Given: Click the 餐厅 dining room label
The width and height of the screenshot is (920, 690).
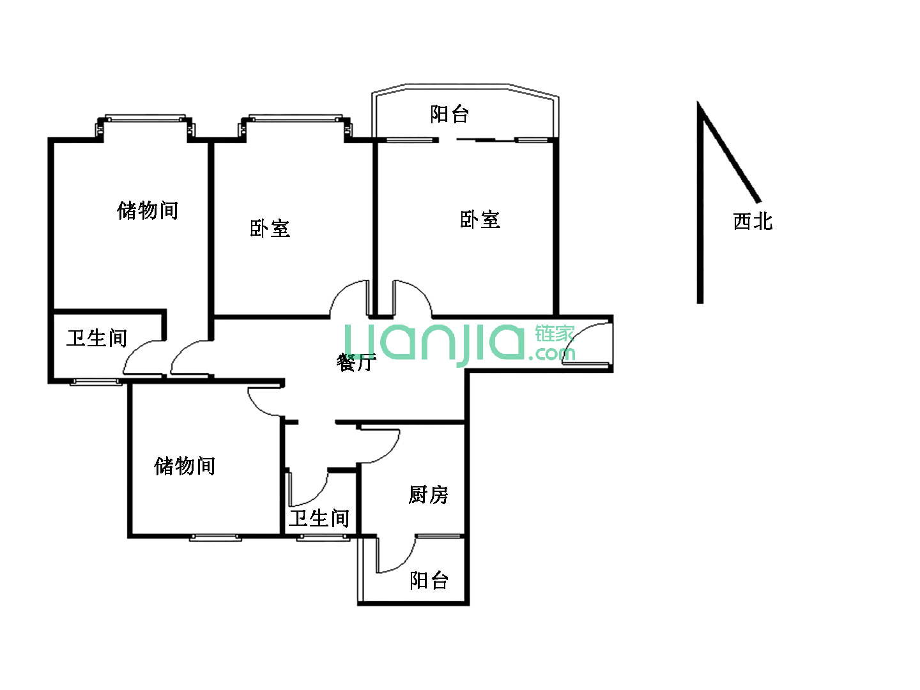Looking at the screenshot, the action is [x=356, y=362].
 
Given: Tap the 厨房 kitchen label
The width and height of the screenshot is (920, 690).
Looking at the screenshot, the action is [x=428, y=494].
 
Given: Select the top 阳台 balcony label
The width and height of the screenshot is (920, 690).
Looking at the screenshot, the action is [x=449, y=114].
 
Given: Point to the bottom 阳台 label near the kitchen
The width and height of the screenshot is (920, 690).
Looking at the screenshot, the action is [x=429, y=580].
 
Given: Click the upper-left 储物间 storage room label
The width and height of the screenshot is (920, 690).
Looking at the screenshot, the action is [x=148, y=210].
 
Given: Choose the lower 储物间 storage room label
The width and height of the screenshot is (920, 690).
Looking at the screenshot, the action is [x=185, y=466].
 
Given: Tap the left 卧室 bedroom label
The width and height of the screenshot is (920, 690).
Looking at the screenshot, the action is [x=270, y=228].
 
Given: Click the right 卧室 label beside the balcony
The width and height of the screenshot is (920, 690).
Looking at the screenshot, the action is [x=480, y=220].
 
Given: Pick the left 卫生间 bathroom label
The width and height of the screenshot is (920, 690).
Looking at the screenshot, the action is [x=97, y=338].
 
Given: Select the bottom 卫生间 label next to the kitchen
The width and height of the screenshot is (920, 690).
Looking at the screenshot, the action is [x=319, y=518].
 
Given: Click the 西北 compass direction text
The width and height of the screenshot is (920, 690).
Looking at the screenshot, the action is [x=753, y=221].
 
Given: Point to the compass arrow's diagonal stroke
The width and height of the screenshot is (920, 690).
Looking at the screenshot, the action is [x=730, y=153].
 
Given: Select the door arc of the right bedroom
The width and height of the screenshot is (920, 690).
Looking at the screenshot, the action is [x=413, y=298].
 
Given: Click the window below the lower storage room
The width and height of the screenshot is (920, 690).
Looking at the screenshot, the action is [x=215, y=537].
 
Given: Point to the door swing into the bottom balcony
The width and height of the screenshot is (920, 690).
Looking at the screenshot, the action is [x=395, y=555].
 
